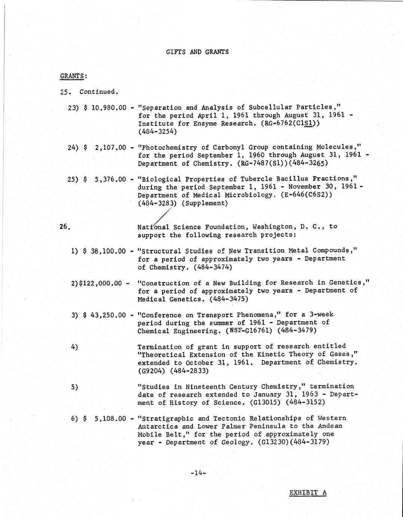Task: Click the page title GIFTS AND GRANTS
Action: pos(197,52)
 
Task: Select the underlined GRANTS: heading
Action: pos(73,76)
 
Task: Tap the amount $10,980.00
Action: pos(105,108)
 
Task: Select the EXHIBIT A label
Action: pos(308,493)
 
